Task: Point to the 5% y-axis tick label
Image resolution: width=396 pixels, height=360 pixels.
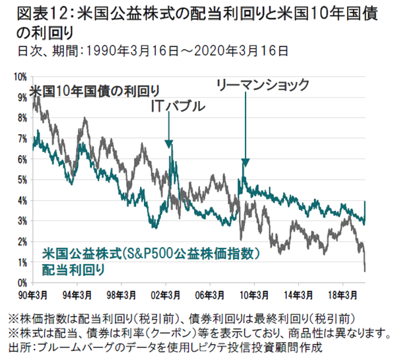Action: pyautogui.click(x=20, y=180)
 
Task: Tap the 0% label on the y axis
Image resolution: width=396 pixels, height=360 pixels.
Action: pyautogui.click(x=20, y=283)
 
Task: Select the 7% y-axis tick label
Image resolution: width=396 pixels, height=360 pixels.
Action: pyautogui.click(x=20, y=139)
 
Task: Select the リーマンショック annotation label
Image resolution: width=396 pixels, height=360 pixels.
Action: pyautogui.click(x=263, y=85)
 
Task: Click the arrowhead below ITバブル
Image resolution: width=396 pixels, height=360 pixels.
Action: pyautogui.click(x=169, y=145)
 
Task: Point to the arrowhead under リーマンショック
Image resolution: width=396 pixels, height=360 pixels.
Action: pyautogui.click(x=245, y=162)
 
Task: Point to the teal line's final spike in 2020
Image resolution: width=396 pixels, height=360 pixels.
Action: pyautogui.click(x=365, y=202)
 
